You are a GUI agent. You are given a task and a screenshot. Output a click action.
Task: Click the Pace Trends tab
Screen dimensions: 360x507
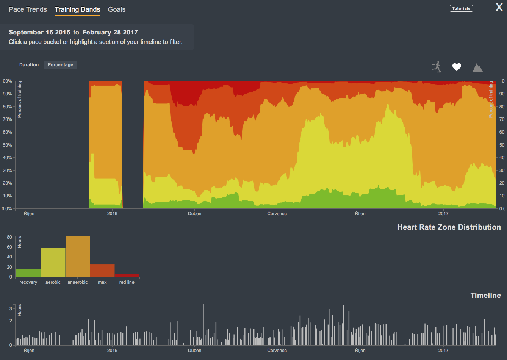[28, 9]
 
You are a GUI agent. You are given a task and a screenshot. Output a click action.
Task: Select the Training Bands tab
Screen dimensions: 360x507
[77, 9]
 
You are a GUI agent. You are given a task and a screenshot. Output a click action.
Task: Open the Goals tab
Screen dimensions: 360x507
[117, 9]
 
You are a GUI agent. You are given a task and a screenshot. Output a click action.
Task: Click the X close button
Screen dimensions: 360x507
[499, 8]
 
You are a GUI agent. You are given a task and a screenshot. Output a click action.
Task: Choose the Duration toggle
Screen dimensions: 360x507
[29, 65]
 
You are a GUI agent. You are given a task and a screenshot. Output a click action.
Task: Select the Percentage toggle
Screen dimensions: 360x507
[60, 65]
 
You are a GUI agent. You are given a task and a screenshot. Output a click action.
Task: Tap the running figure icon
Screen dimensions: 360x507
[437, 67]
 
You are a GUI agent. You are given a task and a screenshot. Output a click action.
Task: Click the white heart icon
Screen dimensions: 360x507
[457, 67]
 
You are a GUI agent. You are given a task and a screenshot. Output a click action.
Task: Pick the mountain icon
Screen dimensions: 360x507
[477, 67]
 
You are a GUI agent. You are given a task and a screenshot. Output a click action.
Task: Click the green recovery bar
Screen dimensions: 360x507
[28, 273]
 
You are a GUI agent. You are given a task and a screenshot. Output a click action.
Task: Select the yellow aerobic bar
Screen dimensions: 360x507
[53, 263]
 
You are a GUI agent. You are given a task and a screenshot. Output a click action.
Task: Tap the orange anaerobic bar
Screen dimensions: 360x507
[78, 257]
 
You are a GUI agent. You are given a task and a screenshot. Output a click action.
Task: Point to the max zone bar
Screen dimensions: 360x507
[102, 271]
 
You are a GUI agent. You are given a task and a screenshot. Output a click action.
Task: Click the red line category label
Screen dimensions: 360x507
[127, 282]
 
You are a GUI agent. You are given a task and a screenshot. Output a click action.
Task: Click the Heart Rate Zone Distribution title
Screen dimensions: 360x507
[449, 227]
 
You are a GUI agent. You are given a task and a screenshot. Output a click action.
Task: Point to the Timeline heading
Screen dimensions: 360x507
[485, 295]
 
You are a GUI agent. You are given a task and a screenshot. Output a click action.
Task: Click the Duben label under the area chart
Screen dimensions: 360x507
[195, 214]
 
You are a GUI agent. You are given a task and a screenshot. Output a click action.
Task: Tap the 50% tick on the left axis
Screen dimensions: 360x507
[6, 145]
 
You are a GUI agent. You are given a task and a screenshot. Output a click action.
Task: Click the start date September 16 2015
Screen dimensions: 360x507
[39, 32]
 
